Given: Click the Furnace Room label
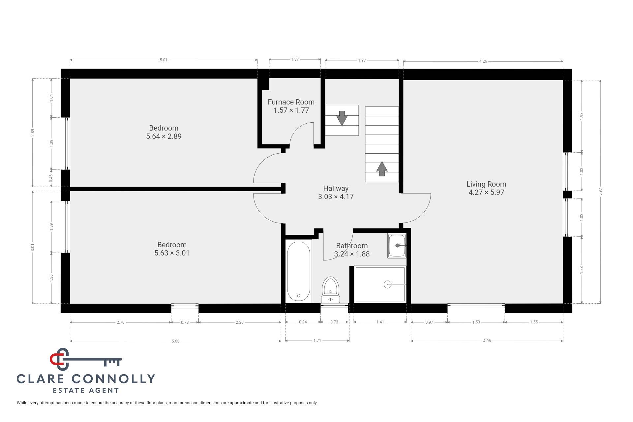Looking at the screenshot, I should (291, 102).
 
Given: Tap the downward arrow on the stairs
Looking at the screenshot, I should (342, 118).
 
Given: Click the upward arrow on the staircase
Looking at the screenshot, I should (382, 168).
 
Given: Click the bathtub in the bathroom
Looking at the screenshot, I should (298, 271).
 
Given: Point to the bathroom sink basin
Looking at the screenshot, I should (397, 246).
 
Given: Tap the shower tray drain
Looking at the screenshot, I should (387, 284).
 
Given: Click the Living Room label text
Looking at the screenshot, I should (486, 184).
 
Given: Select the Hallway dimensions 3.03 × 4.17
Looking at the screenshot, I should (336, 197).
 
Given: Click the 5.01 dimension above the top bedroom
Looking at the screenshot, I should (164, 60).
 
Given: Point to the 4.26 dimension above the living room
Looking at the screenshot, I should (483, 61).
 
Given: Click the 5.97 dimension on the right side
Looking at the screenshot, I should (600, 192).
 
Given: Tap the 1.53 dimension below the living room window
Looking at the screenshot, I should (476, 322).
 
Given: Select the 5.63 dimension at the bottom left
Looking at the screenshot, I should (175, 341).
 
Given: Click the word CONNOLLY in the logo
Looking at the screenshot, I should (113, 379).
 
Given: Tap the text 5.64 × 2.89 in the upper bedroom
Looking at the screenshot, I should (164, 136).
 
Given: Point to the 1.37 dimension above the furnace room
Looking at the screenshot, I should (295, 59).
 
